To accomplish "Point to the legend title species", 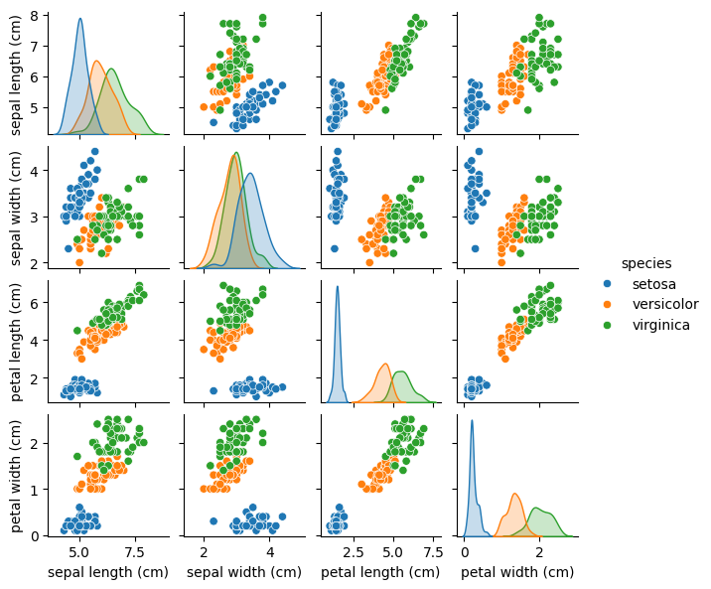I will tap(645, 263).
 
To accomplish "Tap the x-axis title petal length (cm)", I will tap(380, 572).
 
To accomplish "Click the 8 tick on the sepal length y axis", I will tap(33, 16).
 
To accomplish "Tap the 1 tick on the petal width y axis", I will tap(33, 490).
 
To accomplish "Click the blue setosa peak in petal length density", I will tap(338, 288).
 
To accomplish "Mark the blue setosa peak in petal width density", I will tap(471, 421).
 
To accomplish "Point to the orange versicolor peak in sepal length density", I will tap(96, 62).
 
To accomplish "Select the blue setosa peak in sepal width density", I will tap(250, 174).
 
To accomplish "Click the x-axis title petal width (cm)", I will tap(517, 572).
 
